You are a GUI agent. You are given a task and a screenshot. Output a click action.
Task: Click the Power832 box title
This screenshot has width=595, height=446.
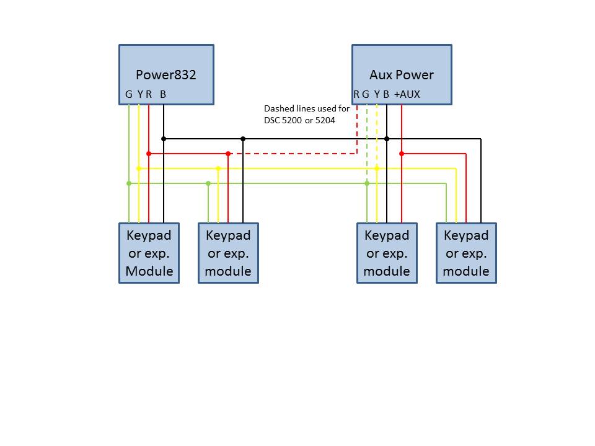click(x=166, y=76)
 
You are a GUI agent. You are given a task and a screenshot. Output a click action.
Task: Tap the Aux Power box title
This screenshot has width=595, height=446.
click(x=402, y=76)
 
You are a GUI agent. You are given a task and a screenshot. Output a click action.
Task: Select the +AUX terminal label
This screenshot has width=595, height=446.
click(x=407, y=95)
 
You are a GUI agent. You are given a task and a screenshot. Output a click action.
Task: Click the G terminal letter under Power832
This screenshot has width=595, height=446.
click(x=128, y=95)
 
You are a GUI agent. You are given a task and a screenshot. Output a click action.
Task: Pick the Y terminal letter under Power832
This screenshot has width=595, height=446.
click(x=139, y=95)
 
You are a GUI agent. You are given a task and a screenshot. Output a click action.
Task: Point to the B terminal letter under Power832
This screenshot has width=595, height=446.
click(x=163, y=95)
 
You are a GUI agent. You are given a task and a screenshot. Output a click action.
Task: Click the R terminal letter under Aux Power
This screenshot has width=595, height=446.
click(x=356, y=95)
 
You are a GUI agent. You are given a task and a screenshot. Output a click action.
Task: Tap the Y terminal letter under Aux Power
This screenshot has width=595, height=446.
click(x=377, y=95)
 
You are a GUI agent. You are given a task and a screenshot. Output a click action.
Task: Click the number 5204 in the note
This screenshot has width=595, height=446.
click(x=325, y=120)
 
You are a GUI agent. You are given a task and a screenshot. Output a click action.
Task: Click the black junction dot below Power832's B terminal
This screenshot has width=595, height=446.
click(x=164, y=139)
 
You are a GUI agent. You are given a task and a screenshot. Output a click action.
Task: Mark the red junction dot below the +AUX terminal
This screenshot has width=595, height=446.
click(x=402, y=154)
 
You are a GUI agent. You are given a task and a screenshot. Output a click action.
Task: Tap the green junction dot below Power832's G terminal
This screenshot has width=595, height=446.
click(x=129, y=183)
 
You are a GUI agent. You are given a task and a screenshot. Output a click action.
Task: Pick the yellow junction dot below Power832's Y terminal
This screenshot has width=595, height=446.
click(x=139, y=168)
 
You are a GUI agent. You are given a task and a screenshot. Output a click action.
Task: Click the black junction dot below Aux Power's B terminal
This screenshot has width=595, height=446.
click(x=387, y=139)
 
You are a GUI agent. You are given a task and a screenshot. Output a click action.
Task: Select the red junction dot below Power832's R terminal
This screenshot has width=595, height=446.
click(x=149, y=154)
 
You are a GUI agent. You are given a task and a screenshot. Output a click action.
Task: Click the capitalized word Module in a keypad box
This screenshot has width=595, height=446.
click(x=149, y=271)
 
